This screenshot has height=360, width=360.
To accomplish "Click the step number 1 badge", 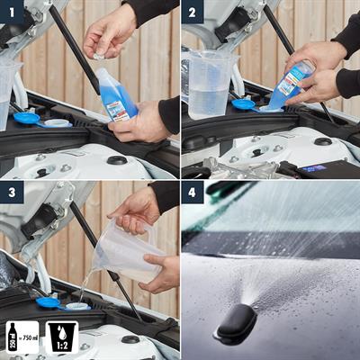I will [x=13, y=13].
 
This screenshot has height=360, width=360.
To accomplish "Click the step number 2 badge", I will [x=193, y=13].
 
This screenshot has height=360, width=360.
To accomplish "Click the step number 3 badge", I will [x=13, y=193].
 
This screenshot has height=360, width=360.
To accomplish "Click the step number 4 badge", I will [x=193, y=193].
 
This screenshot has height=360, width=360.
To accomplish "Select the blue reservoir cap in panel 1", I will [x=27, y=118].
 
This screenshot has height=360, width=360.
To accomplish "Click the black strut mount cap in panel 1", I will [x=116, y=160].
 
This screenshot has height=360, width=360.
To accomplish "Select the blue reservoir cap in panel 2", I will [x=243, y=104].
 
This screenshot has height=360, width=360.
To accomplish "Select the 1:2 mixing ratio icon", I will [x=60, y=337].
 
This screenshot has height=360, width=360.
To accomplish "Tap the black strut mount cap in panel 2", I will [x=322, y=141].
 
